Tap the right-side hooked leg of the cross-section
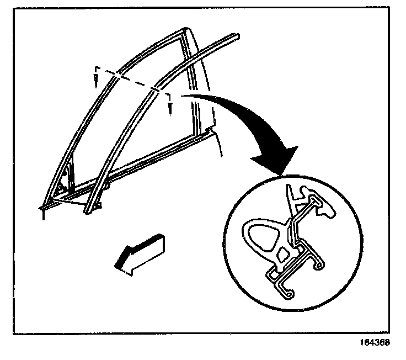pos(319,266)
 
